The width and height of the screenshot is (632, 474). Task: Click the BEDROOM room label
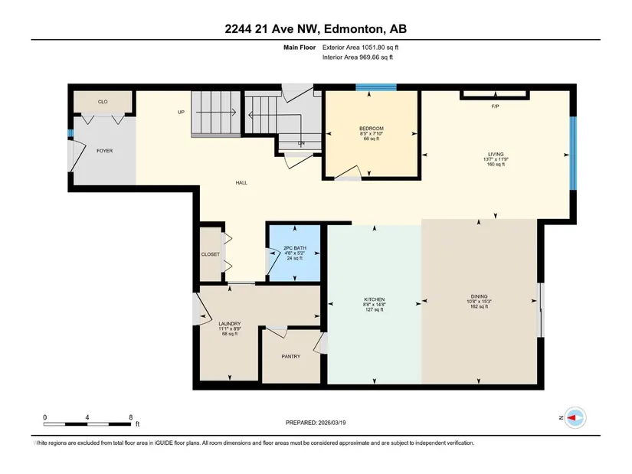coord(372,129)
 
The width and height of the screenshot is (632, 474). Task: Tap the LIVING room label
coord(496,154)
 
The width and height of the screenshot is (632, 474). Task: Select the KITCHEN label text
coord(374,299)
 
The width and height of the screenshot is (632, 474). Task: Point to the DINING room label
coord(479,296)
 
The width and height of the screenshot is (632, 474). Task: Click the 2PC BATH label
coord(295,248)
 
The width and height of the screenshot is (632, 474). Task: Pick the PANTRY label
coord(290,356)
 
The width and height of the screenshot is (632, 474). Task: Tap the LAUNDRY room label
coord(229,324)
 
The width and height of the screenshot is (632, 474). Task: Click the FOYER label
coord(104,151)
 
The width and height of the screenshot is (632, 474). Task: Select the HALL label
coord(241,182)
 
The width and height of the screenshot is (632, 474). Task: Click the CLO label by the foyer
coord(103,102)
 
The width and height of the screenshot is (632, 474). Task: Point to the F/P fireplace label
coord(496,106)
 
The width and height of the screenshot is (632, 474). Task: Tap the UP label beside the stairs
coord(181,112)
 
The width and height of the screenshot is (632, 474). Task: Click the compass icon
coord(575,417)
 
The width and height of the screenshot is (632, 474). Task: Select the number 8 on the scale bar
coord(130,417)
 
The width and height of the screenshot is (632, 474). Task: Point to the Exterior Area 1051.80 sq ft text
coord(360,47)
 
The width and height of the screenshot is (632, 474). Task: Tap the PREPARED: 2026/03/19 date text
coord(316,423)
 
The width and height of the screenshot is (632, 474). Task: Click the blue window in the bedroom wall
coord(376,87)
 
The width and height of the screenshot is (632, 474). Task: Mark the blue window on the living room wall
coord(573,153)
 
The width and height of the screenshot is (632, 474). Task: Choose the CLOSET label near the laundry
coord(211,254)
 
